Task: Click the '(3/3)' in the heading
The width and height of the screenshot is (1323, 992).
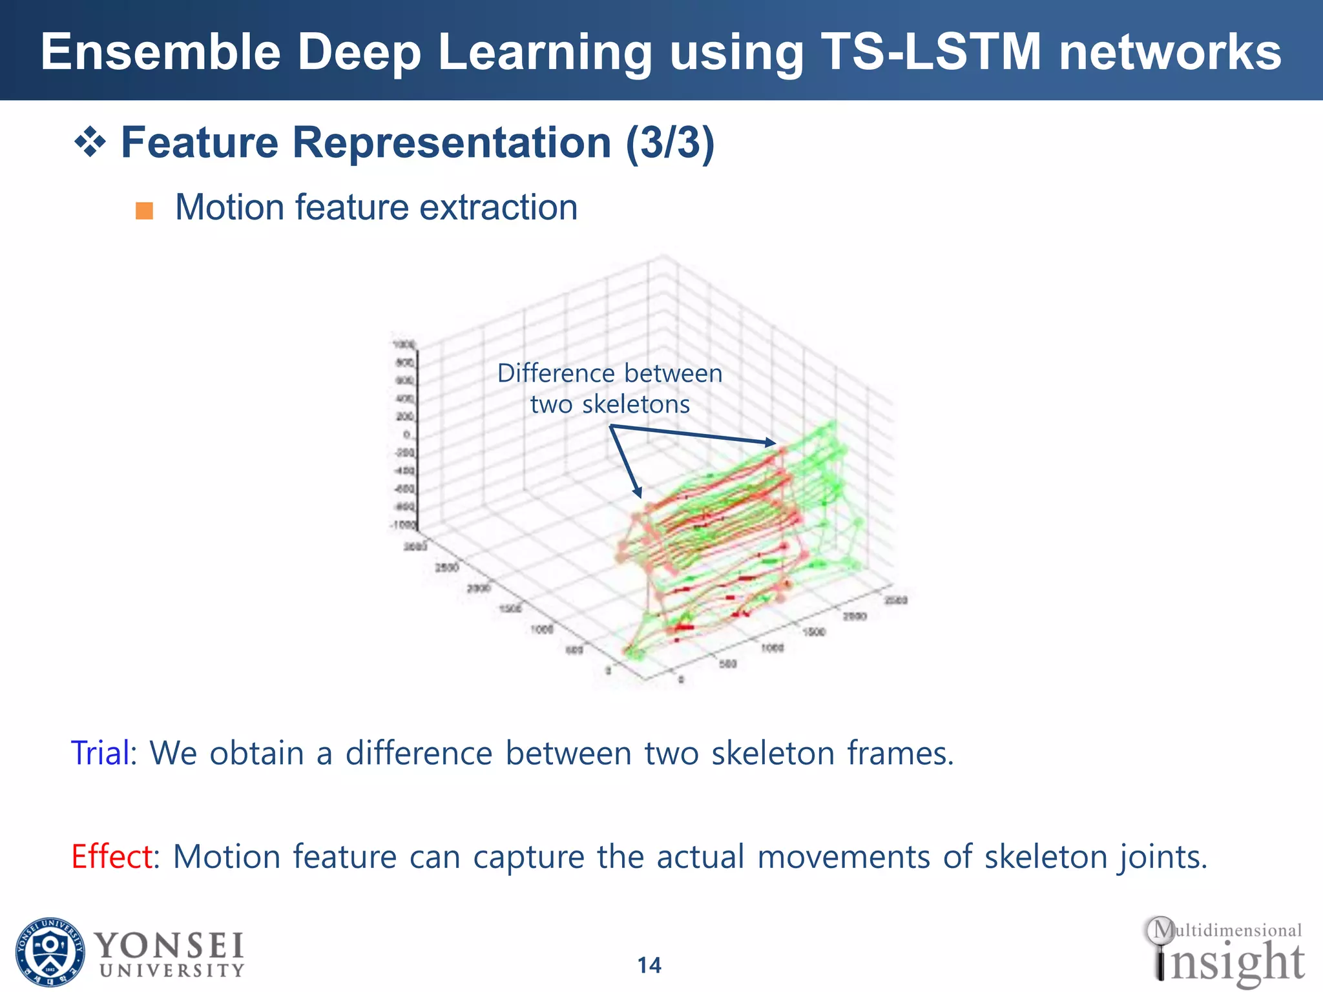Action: click(x=669, y=143)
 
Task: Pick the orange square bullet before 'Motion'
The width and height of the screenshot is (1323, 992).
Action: click(x=144, y=211)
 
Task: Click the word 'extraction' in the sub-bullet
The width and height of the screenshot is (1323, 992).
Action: click(x=498, y=208)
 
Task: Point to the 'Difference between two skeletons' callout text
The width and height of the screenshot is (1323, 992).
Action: click(x=609, y=389)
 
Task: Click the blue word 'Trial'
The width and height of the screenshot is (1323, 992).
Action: click(x=100, y=753)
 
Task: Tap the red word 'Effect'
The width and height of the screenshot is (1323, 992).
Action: click(x=112, y=857)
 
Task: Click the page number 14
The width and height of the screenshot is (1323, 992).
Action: click(x=649, y=966)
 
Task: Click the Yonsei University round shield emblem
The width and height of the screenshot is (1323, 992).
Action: click(x=50, y=952)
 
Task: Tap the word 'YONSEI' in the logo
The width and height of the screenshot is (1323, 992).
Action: click(x=169, y=947)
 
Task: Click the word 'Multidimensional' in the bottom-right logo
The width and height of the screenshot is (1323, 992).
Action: click(x=1227, y=931)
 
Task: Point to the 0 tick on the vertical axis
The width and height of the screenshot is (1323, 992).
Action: click(x=406, y=435)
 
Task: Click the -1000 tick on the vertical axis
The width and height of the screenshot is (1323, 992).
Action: click(x=403, y=525)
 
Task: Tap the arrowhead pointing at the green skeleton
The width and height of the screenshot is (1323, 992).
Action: click(x=771, y=443)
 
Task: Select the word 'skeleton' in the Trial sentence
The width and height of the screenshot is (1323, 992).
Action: click(x=773, y=753)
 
